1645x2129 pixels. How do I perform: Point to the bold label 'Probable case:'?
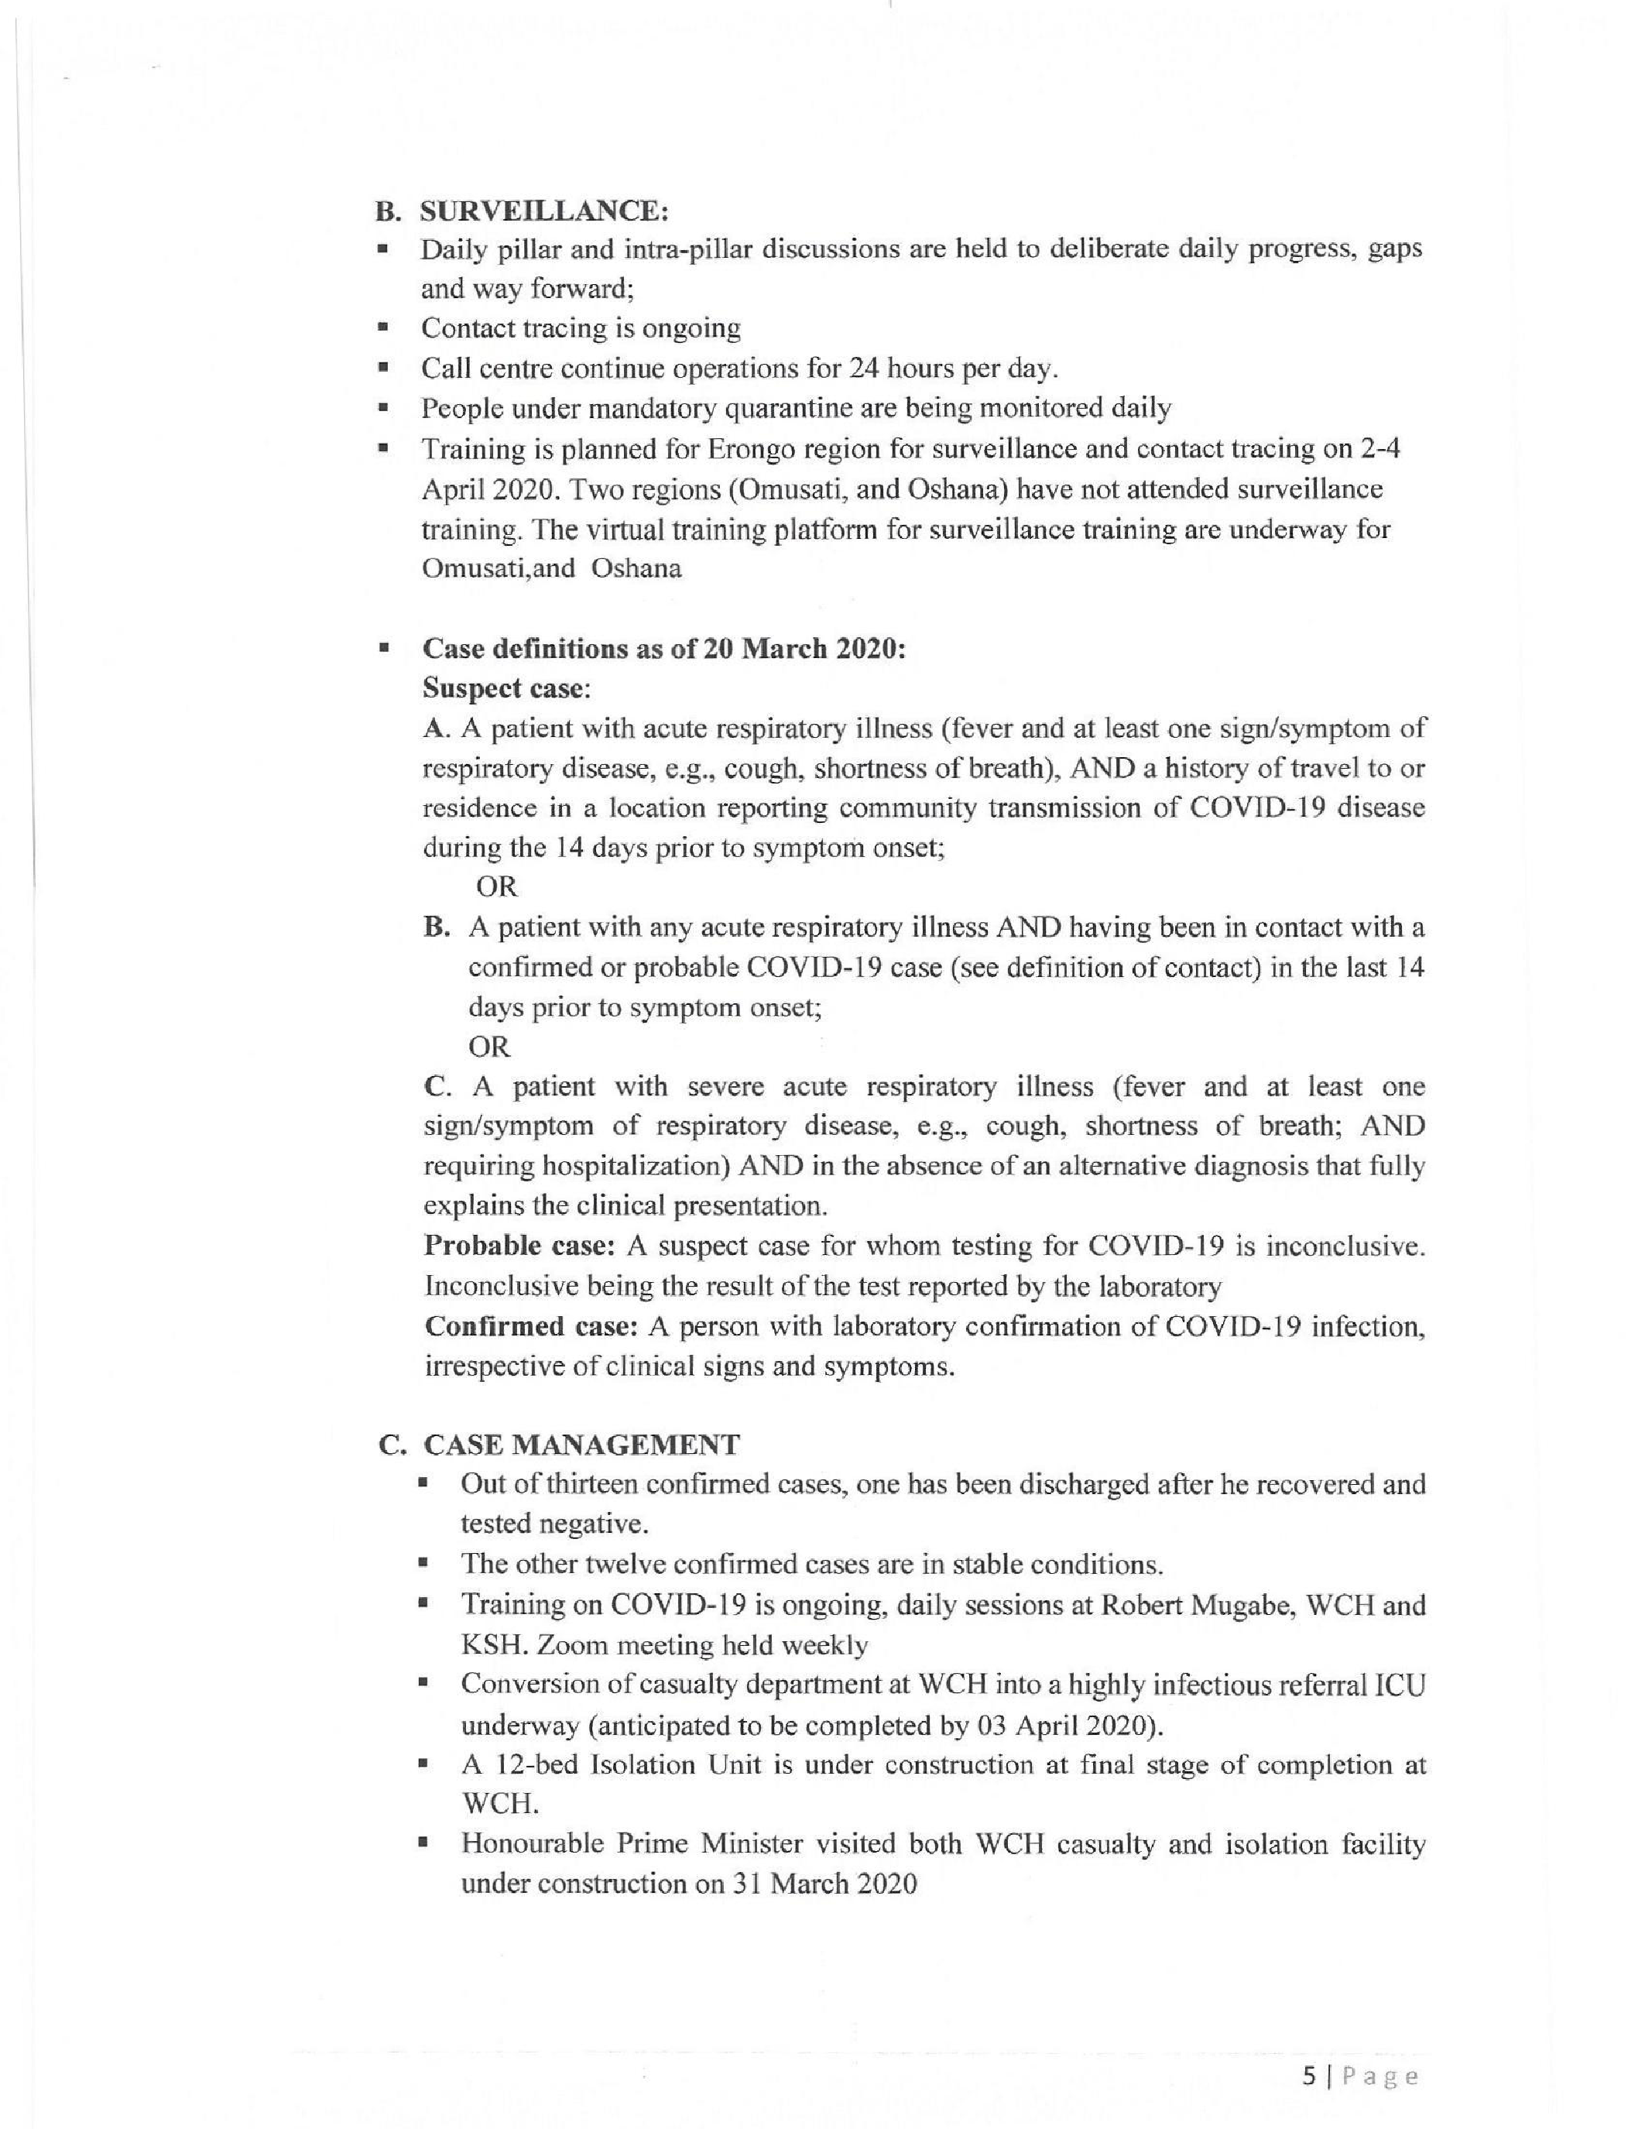(x=512, y=1246)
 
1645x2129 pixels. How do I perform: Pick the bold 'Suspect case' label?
(x=505, y=688)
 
